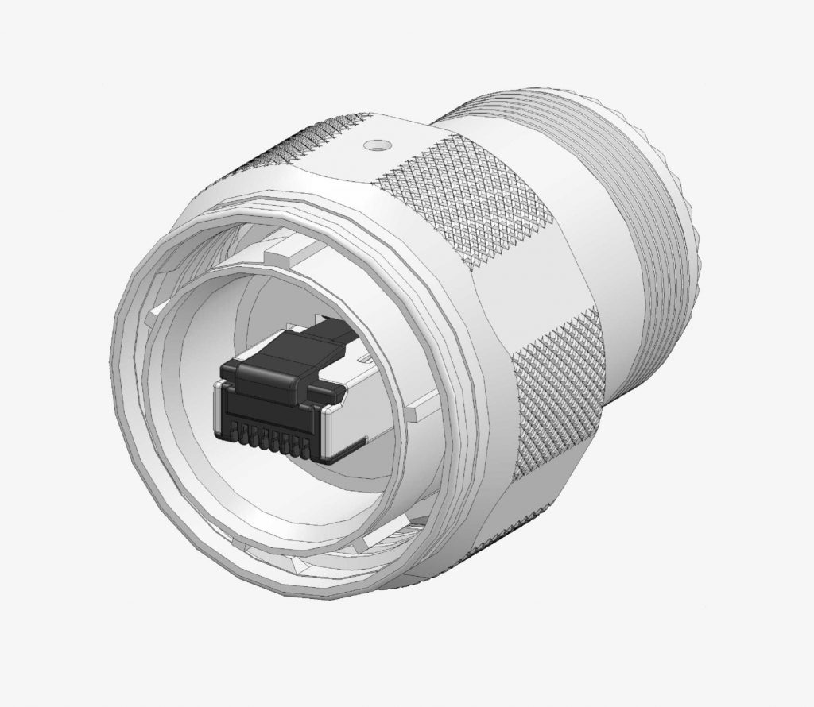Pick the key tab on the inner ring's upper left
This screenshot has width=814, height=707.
(163, 310)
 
